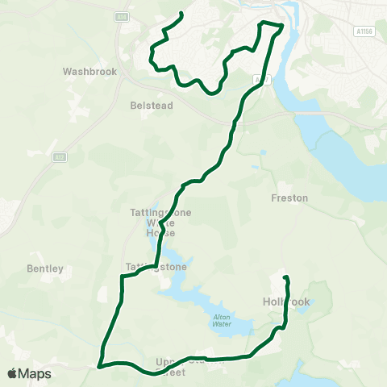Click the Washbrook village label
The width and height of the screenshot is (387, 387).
89,71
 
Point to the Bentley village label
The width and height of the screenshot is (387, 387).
44,268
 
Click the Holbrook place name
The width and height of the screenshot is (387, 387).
286,302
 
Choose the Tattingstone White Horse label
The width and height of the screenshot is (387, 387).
153,223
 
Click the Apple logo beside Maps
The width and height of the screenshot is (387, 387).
13,373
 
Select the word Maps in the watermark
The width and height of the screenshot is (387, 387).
35,373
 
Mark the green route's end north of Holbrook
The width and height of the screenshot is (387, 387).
285,278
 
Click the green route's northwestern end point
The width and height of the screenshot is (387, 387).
181,14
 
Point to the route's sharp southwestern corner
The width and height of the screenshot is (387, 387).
100,365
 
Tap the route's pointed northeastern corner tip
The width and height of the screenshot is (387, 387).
283,26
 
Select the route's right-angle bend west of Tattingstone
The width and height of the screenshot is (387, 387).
122,277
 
